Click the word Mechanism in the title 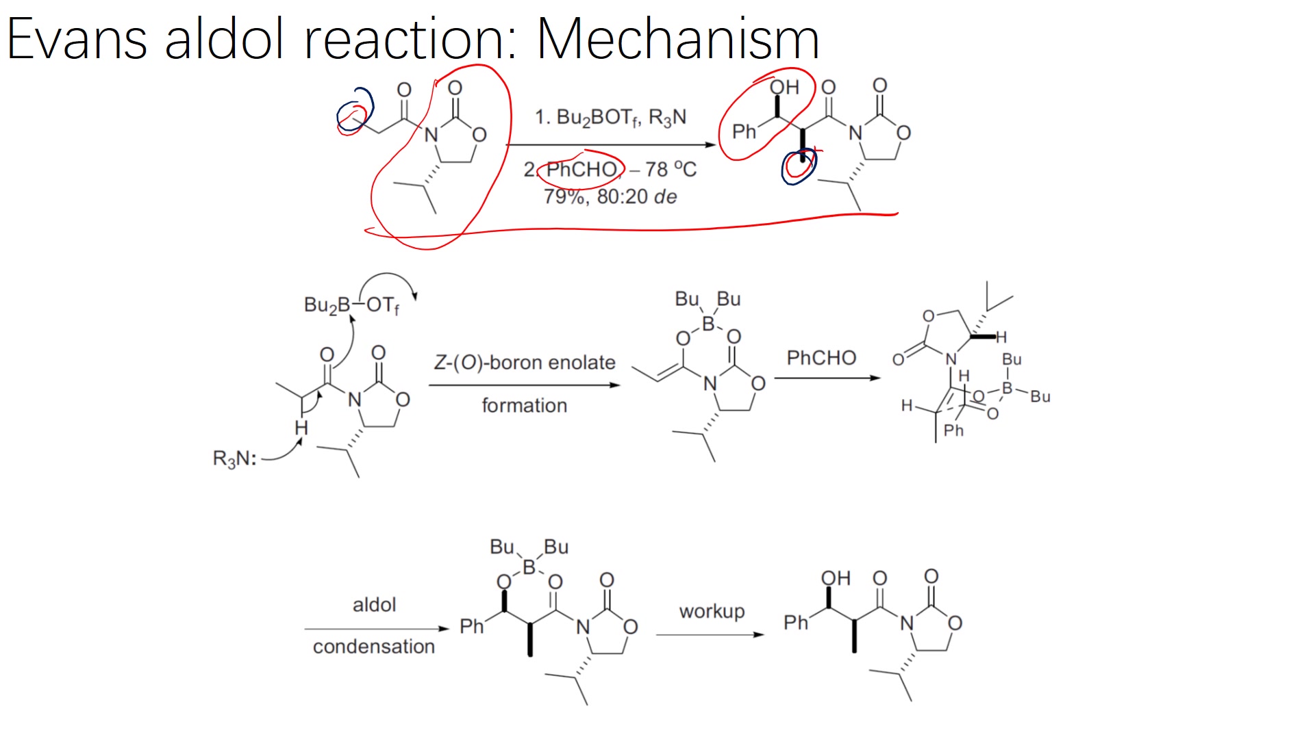pyautogui.click(x=677, y=39)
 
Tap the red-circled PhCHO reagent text pyautogui.click(x=581, y=170)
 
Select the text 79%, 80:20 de pyautogui.click(x=610, y=197)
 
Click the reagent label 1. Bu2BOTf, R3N pyautogui.click(x=610, y=118)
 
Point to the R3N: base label pyautogui.click(x=234, y=458)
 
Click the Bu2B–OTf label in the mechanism pyautogui.click(x=351, y=305)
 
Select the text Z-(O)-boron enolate pyautogui.click(x=525, y=362)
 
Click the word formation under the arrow pyautogui.click(x=525, y=406)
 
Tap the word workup pyautogui.click(x=712, y=611)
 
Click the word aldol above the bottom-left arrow pyautogui.click(x=374, y=605)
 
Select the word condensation pyautogui.click(x=374, y=647)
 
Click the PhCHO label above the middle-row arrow pyautogui.click(x=821, y=358)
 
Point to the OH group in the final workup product pyautogui.click(x=836, y=579)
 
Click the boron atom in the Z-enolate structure pyautogui.click(x=708, y=323)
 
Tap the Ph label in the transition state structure pyautogui.click(x=953, y=430)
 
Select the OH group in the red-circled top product pyautogui.click(x=784, y=88)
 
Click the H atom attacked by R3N pyautogui.click(x=301, y=428)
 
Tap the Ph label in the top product pyautogui.click(x=744, y=131)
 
